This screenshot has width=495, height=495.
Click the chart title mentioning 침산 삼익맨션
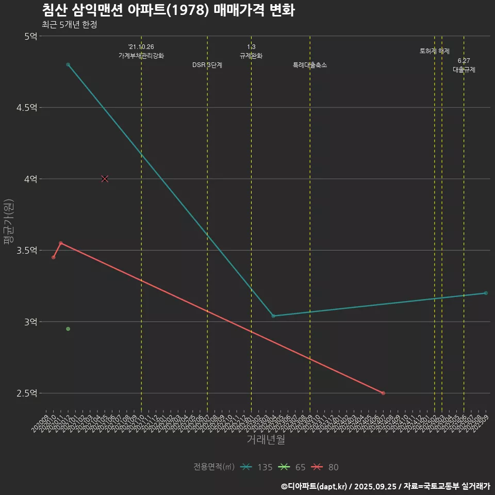coord(168,10)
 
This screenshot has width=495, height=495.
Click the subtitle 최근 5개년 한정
coord(69,25)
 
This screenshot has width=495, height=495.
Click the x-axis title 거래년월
coord(266,440)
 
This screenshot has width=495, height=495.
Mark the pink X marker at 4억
coord(105,179)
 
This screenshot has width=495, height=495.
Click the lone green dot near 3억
coord(68,329)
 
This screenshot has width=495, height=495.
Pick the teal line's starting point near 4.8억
coord(68,64)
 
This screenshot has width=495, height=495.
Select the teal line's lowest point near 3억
coord(273,316)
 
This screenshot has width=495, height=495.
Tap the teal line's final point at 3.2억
coord(486,293)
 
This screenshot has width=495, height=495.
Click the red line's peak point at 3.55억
coord(61,243)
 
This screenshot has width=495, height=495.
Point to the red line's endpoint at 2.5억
coord(383,393)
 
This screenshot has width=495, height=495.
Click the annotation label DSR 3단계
coord(207,65)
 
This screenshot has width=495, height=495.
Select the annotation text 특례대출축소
coord(310,65)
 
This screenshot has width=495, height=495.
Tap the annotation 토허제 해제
coord(435,52)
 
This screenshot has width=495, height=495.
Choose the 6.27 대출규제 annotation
coord(464,65)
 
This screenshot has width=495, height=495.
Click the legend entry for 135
coord(257,467)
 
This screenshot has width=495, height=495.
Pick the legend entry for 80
coord(325,467)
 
